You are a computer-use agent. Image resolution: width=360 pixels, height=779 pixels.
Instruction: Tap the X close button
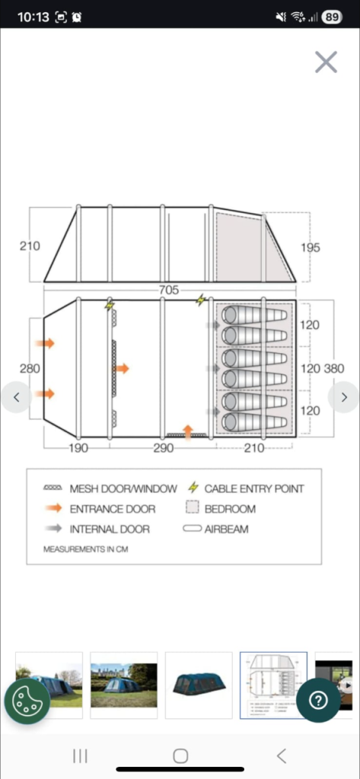(326, 62)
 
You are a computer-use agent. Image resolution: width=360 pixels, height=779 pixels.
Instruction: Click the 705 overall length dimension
(168, 290)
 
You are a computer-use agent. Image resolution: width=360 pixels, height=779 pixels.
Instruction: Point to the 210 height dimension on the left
(30, 246)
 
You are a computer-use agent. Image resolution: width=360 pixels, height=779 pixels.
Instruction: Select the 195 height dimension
(310, 247)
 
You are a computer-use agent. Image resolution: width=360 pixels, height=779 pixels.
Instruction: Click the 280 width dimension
(30, 368)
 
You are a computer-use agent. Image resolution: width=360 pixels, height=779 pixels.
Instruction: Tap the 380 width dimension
(334, 368)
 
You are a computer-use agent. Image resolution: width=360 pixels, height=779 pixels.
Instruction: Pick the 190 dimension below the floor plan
(78, 448)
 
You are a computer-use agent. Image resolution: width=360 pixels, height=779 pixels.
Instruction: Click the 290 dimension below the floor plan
(163, 448)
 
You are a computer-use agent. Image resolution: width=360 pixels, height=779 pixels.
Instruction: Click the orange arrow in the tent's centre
(121, 368)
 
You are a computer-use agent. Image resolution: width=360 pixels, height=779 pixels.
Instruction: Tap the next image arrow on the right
(343, 396)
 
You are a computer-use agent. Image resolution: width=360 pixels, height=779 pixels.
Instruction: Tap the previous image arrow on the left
(17, 396)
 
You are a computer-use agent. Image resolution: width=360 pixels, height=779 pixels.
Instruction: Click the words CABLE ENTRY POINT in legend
(253, 488)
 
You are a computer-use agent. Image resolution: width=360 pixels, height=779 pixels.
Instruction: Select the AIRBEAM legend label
(228, 529)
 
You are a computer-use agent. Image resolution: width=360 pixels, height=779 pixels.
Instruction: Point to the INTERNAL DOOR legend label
(110, 529)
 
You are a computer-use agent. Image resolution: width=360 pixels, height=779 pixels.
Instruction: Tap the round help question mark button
(318, 701)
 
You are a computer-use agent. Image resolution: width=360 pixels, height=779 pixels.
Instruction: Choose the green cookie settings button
(27, 701)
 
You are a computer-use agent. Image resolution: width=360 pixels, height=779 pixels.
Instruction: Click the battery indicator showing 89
(332, 16)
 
